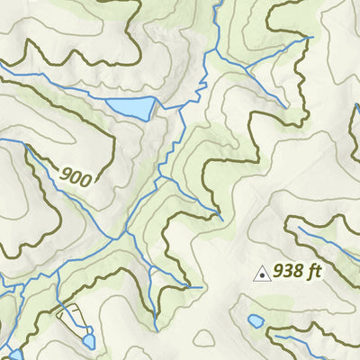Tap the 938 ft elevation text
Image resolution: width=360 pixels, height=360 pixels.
298,269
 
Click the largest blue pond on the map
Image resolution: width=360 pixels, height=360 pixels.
130,109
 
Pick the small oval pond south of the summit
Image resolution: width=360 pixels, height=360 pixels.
256,320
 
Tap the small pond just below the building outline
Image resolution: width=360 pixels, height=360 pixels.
88,340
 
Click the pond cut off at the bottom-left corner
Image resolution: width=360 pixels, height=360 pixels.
15,355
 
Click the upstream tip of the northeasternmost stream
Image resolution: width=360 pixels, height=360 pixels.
310,38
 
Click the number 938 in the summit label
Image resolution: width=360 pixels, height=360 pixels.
290,269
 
